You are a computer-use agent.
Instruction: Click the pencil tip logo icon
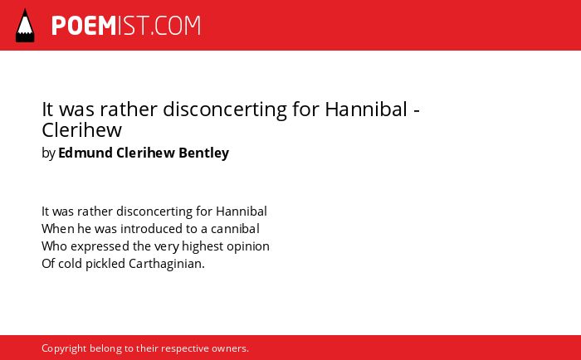pyautogui.click(x=25, y=26)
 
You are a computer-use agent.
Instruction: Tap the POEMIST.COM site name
pyautogui.click(x=126, y=26)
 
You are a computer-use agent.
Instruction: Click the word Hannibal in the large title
pyautogui.click(x=366, y=109)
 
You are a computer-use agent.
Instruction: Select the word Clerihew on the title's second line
pyautogui.click(x=82, y=130)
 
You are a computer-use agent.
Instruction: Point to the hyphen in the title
pyautogui.click(x=417, y=111)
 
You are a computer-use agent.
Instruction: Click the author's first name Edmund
pyautogui.click(x=85, y=153)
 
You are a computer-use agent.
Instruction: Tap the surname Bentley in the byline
pyautogui.click(x=204, y=153)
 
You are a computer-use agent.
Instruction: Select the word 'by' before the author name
pyautogui.click(x=48, y=153)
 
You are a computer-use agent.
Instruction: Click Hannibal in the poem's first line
pyautogui.click(x=242, y=212)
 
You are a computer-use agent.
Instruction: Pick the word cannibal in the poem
pyautogui.click(x=235, y=229)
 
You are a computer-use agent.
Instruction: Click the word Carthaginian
pyautogui.click(x=166, y=264)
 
